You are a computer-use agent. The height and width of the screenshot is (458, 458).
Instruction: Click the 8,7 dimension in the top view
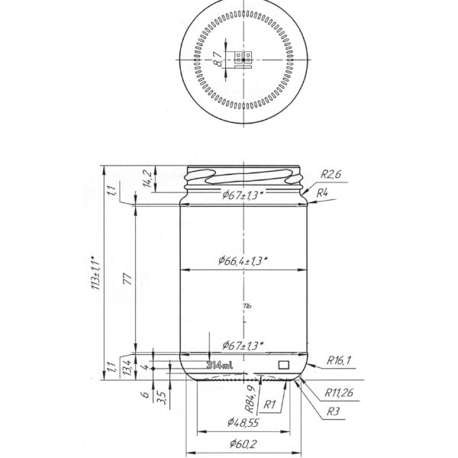(x=218, y=60)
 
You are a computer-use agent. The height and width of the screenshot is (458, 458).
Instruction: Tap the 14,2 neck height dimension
(x=148, y=179)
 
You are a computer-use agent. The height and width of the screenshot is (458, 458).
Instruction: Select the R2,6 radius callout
(x=331, y=174)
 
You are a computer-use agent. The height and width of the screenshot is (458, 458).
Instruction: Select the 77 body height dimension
(x=126, y=280)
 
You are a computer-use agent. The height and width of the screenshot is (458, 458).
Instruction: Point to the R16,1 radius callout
(x=339, y=360)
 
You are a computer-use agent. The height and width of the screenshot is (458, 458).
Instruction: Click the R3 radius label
(x=333, y=411)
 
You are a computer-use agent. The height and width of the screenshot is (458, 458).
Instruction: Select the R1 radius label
(x=269, y=404)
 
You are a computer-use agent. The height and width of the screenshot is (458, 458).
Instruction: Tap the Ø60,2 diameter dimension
(x=242, y=445)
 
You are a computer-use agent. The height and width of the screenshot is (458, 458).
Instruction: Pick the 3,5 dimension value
(x=160, y=396)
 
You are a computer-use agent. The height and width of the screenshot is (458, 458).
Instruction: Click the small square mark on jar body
(x=284, y=365)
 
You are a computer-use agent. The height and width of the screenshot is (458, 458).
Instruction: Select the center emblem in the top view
(x=244, y=59)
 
